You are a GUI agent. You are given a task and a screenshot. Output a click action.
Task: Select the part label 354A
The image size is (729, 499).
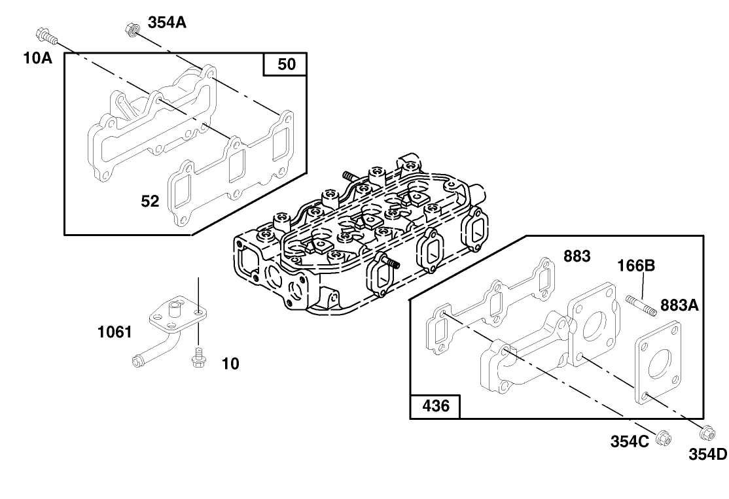click(167, 23)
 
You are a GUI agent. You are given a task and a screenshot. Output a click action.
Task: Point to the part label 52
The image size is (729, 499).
click(151, 201)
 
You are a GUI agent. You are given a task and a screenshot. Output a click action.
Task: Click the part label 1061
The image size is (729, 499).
click(115, 332)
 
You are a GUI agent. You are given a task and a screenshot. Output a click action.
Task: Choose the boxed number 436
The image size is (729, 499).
click(435, 406)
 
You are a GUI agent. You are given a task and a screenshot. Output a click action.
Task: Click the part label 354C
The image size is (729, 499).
click(630, 441)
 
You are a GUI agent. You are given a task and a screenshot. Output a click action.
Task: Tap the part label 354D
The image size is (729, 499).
click(707, 454)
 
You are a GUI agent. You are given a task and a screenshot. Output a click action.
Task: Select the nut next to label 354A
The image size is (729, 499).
click(131, 29)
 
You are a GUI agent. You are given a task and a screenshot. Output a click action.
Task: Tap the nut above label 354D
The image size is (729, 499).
click(707, 433)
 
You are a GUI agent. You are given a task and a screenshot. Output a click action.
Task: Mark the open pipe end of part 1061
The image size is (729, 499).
click(137, 359)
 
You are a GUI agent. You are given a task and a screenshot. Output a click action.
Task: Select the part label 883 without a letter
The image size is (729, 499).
click(577, 256)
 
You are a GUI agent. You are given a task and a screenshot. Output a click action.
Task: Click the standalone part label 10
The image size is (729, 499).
click(230, 364)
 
